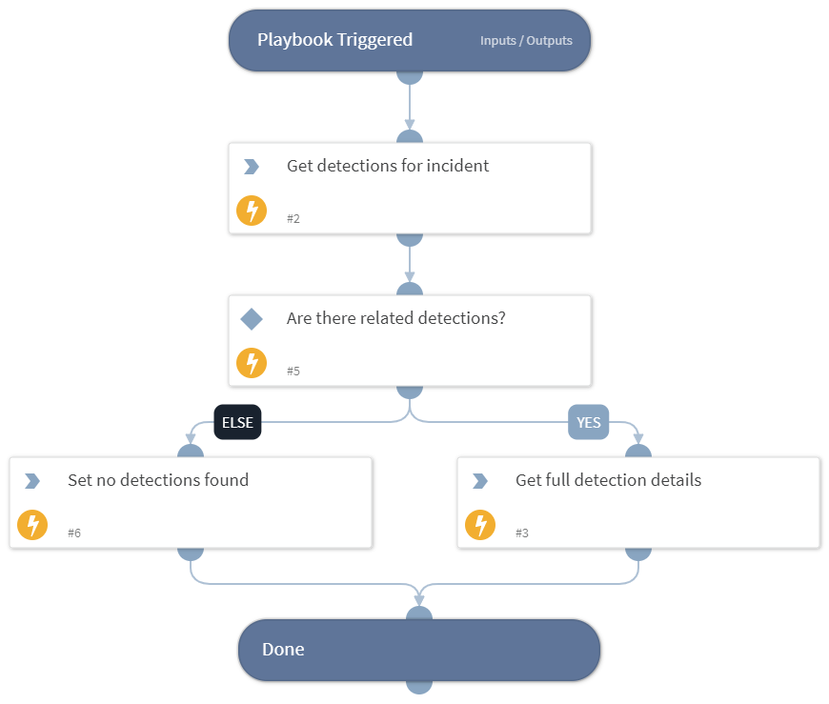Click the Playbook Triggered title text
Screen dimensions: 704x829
click(x=334, y=40)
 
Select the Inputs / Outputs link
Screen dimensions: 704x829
click(x=526, y=41)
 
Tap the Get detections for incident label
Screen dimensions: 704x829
click(x=388, y=166)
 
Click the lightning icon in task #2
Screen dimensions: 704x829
click(x=252, y=211)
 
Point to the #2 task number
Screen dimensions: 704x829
click(x=293, y=219)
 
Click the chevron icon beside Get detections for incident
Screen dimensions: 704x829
click(x=252, y=167)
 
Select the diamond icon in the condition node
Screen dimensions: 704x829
click(x=252, y=319)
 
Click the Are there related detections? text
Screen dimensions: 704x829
click(x=395, y=318)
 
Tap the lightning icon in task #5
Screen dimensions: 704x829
click(x=252, y=363)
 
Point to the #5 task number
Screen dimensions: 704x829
click(x=293, y=372)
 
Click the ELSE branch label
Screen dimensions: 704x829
click(x=237, y=422)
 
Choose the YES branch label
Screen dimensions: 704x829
click(x=588, y=422)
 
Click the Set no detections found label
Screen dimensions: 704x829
click(x=158, y=480)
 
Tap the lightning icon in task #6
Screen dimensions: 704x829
click(x=32, y=525)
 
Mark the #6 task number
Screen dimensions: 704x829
click(x=74, y=533)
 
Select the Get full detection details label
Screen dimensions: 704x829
click(x=608, y=480)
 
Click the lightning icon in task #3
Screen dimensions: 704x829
click(x=480, y=525)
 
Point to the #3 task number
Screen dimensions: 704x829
click(x=522, y=533)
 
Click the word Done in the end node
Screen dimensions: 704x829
click(x=283, y=650)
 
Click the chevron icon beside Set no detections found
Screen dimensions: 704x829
click(x=32, y=481)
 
